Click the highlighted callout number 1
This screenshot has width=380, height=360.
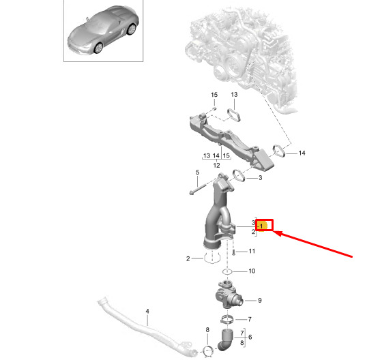click(261, 226)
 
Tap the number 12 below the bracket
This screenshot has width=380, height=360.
click(216, 165)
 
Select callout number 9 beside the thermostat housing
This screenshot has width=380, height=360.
click(259, 301)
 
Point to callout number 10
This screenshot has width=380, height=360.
click(252, 271)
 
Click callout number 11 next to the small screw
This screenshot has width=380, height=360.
click(252, 251)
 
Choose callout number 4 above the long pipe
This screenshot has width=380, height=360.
click(147, 311)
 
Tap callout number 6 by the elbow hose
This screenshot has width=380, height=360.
click(250, 337)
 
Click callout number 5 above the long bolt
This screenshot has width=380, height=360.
click(198, 172)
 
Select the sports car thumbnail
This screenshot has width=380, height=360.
click(104, 30)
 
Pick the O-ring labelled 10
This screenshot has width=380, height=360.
click(227, 271)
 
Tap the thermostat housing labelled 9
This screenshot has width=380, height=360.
click(229, 294)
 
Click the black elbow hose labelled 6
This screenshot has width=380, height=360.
click(225, 340)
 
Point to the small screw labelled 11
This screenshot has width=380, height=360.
click(233, 253)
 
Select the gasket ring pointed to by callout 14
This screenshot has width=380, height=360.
click(279, 151)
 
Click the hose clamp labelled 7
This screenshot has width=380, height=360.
click(227, 319)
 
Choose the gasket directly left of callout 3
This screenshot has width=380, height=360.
click(239, 175)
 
